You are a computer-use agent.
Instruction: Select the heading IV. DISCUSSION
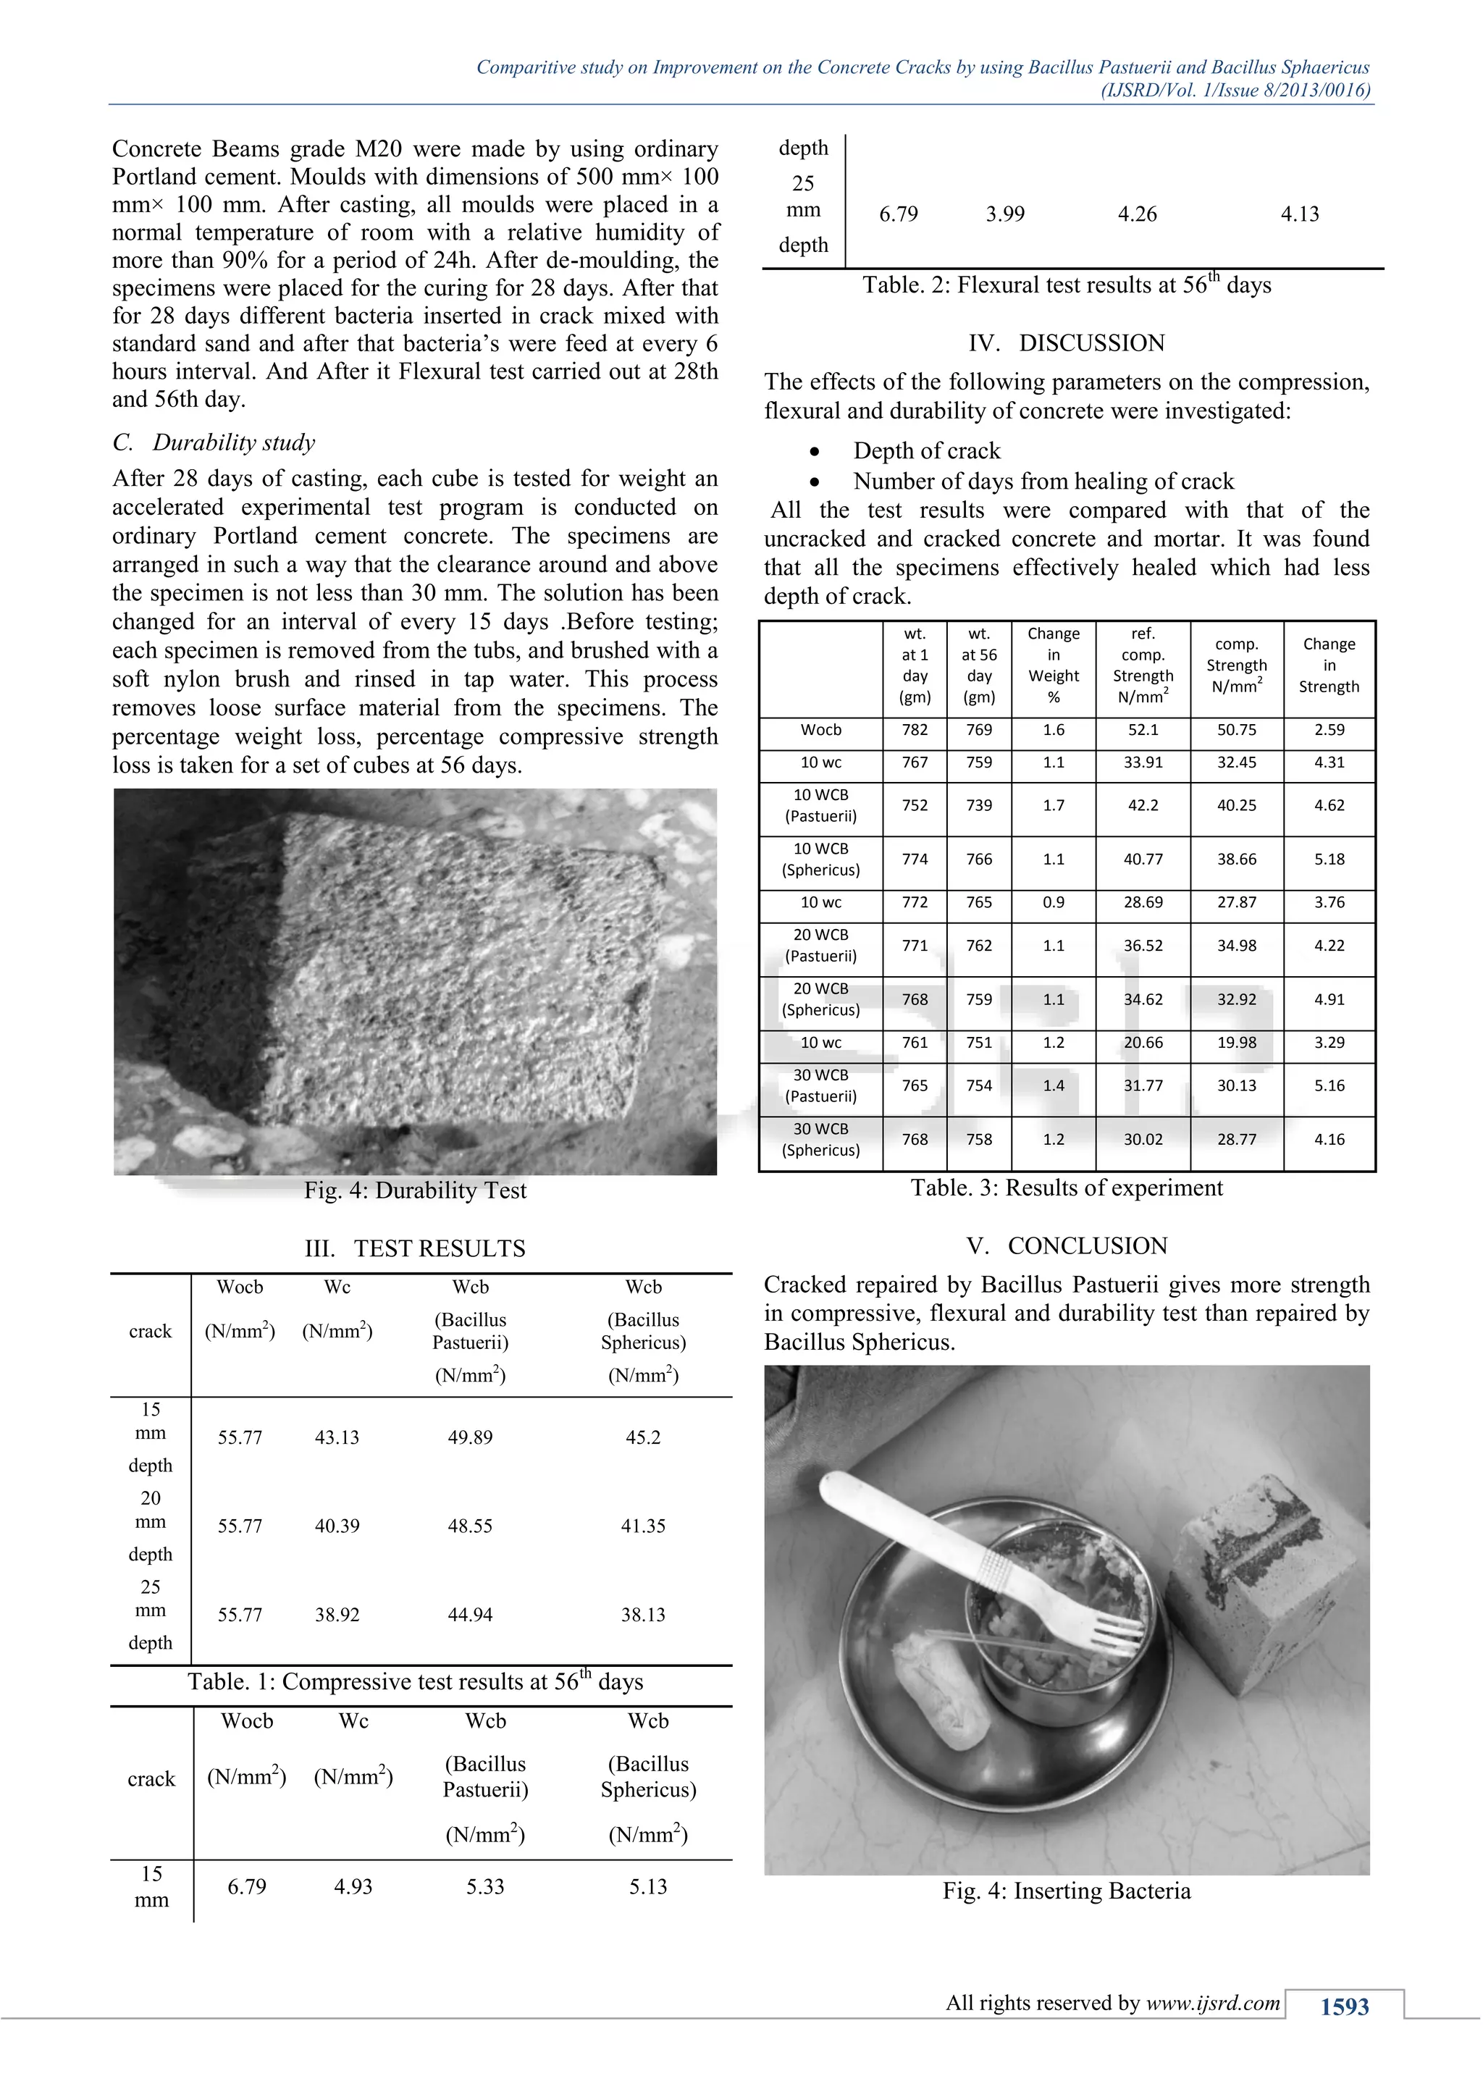(x=1066, y=343)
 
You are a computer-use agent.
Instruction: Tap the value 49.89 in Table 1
(x=469, y=1437)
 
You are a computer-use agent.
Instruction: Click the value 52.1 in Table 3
(x=1143, y=730)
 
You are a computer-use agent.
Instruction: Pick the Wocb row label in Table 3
(x=821, y=730)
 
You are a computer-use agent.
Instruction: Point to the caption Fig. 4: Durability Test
(x=415, y=1191)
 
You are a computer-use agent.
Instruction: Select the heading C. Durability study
(x=214, y=443)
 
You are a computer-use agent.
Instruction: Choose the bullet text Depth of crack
(x=926, y=451)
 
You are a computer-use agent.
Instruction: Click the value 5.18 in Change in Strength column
(x=1329, y=860)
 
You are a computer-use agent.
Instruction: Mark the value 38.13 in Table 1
(x=643, y=1615)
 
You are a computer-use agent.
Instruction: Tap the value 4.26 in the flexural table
(x=1137, y=214)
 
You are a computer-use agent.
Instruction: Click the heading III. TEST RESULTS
(x=415, y=1248)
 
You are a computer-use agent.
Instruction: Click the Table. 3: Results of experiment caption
(x=1066, y=1188)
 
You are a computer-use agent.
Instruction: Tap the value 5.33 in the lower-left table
(x=485, y=1887)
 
